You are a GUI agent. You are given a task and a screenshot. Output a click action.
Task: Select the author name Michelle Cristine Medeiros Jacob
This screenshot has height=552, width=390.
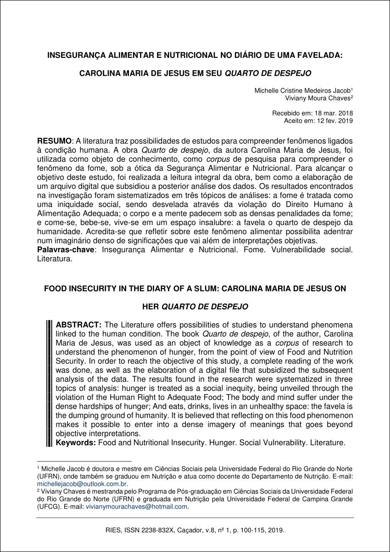(x=303, y=91)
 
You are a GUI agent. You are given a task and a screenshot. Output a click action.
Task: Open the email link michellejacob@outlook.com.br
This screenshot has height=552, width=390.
(x=82, y=484)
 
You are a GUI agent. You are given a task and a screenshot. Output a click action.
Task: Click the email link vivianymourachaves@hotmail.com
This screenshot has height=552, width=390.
(x=137, y=507)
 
